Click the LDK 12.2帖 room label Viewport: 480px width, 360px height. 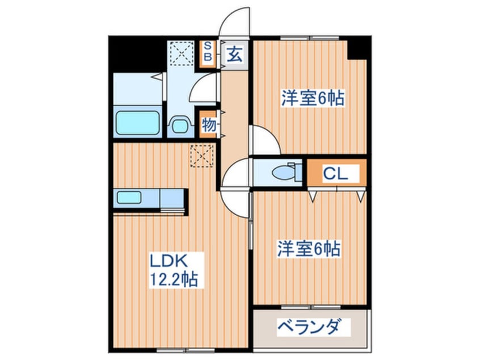click(174, 270)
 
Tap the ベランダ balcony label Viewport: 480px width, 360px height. click(309, 327)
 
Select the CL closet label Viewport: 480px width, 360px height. click(336, 174)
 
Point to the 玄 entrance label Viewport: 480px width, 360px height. click(234, 55)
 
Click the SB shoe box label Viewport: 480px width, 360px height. click(208, 51)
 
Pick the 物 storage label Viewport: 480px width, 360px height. click(208, 125)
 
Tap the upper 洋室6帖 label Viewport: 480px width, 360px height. click(313, 98)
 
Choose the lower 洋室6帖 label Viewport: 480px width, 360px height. click(309, 249)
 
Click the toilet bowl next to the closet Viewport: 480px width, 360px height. click(285, 173)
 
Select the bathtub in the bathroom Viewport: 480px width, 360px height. click(138, 123)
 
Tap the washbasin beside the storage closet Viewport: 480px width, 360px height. click(180, 124)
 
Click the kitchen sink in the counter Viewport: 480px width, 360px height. click(129, 197)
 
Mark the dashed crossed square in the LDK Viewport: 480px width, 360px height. click(202, 156)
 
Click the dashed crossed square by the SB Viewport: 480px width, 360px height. click(182, 53)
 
